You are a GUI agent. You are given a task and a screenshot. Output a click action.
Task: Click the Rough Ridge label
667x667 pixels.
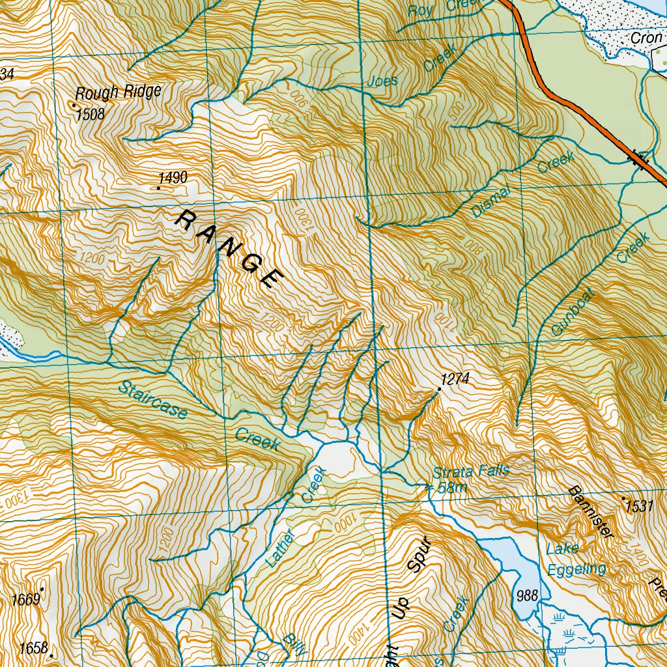click(118, 92)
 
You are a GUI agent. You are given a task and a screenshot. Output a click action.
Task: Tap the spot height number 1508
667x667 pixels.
click(90, 115)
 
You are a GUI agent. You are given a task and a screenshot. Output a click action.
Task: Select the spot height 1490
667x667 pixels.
click(173, 178)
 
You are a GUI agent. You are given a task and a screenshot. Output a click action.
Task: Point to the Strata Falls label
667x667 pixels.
click(472, 471)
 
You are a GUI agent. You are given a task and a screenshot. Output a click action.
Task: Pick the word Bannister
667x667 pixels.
click(591, 512)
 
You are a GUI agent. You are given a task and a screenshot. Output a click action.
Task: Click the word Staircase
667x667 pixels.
click(153, 402)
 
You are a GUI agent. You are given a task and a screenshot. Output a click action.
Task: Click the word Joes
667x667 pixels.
click(382, 82)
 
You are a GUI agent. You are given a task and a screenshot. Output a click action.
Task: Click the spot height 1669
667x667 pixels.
click(27, 599)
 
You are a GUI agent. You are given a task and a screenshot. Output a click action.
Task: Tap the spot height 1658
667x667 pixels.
click(34, 648)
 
